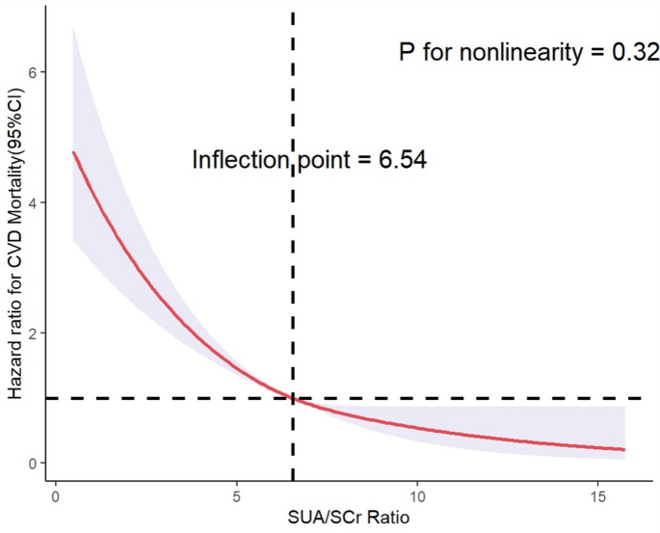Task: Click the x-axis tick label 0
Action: pos(55,497)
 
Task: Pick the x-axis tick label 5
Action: pos(236,497)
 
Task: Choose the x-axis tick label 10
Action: pos(417,497)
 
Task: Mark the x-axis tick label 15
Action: pos(598,497)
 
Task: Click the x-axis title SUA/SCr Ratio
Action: pos(349,520)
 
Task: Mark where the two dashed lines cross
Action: pos(292,398)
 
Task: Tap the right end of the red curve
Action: pos(624,450)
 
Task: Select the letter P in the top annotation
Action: pos(409,52)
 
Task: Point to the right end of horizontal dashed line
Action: pos(642,398)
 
